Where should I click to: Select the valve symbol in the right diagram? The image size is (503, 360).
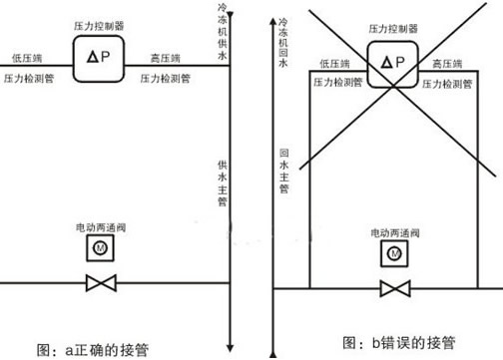[393, 290]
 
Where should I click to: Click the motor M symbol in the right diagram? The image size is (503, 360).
[393, 255]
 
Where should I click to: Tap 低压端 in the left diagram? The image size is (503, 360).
[26, 58]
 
